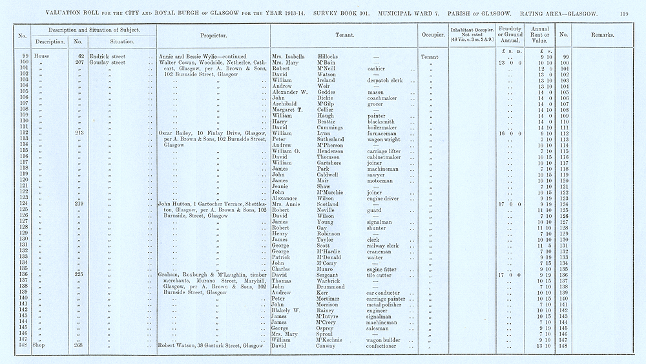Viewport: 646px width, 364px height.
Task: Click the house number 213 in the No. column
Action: point(79,133)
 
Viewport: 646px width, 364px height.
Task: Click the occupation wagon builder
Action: point(385,339)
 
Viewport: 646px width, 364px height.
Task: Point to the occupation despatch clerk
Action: point(386,80)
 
